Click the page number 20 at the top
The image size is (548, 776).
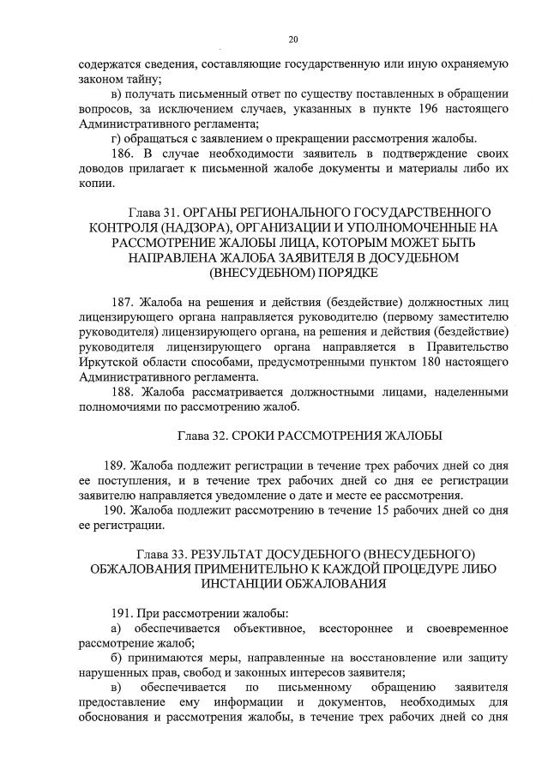(x=293, y=39)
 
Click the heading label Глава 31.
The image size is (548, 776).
(x=154, y=212)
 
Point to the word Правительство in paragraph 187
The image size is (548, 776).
(x=469, y=346)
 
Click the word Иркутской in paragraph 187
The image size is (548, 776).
(x=105, y=361)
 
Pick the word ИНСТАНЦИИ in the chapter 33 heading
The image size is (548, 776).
(x=246, y=585)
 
